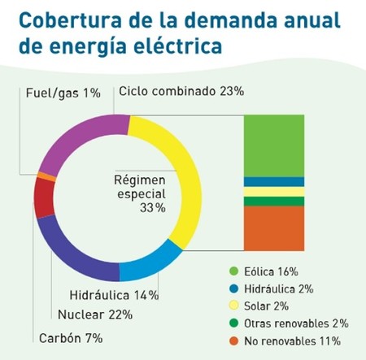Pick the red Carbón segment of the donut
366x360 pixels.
44,197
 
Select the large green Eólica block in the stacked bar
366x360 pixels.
274,145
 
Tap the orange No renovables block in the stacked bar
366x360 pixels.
274,228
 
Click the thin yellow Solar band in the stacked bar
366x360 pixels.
274,192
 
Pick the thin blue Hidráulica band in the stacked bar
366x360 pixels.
274,182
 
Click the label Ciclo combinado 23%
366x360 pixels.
181,92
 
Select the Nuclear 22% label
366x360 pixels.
95,314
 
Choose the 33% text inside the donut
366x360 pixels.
153,208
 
